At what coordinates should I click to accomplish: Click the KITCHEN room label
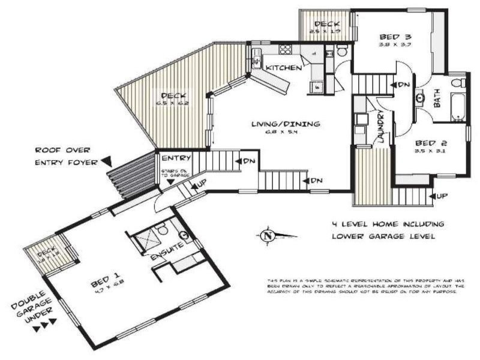tap(283, 68)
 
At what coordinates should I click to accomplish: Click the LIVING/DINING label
tap(286, 124)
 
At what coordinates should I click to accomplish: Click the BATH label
tap(436, 99)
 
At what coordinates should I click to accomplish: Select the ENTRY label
tap(176, 158)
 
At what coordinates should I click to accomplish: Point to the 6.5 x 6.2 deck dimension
tap(173, 104)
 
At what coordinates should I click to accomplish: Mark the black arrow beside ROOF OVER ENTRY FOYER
tap(106, 161)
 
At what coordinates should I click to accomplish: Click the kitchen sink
tap(256, 59)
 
